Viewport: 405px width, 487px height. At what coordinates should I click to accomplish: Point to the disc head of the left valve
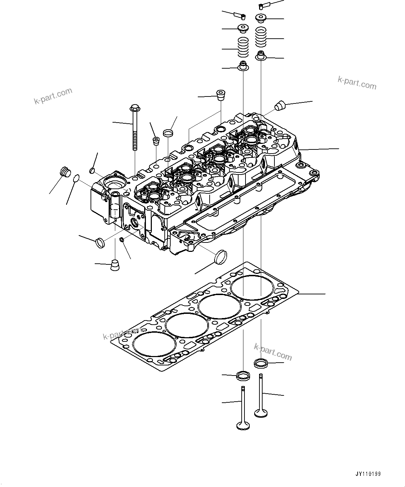pyautogui.click(x=243, y=425)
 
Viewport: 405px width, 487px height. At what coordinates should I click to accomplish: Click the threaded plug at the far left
pyautogui.click(x=65, y=172)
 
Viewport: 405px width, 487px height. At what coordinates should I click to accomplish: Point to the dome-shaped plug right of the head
pyautogui.click(x=280, y=105)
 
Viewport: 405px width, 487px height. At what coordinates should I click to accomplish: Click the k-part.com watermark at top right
pyautogui.click(x=357, y=83)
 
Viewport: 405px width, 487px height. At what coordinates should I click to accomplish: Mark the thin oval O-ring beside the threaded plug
pyautogui.click(x=76, y=179)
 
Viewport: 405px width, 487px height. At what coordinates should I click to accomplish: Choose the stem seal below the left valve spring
pyautogui.click(x=243, y=66)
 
